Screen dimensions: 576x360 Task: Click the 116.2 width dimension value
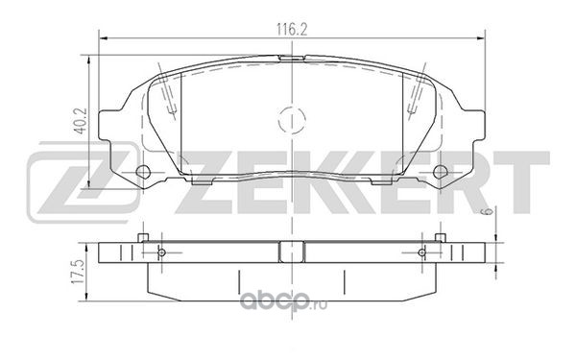click(x=292, y=30)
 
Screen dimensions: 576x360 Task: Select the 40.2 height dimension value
click(x=81, y=120)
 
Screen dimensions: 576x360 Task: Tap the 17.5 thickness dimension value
click(x=80, y=271)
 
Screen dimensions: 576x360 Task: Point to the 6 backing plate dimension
click(x=487, y=211)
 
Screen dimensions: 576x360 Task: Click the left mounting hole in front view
click(x=143, y=172)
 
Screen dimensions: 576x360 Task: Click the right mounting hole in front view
click(x=440, y=172)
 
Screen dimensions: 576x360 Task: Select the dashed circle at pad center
click(x=292, y=120)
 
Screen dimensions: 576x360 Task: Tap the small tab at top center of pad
click(x=291, y=58)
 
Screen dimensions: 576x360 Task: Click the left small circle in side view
click(x=161, y=252)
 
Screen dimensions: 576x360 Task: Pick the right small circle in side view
click(x=422, y=252)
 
